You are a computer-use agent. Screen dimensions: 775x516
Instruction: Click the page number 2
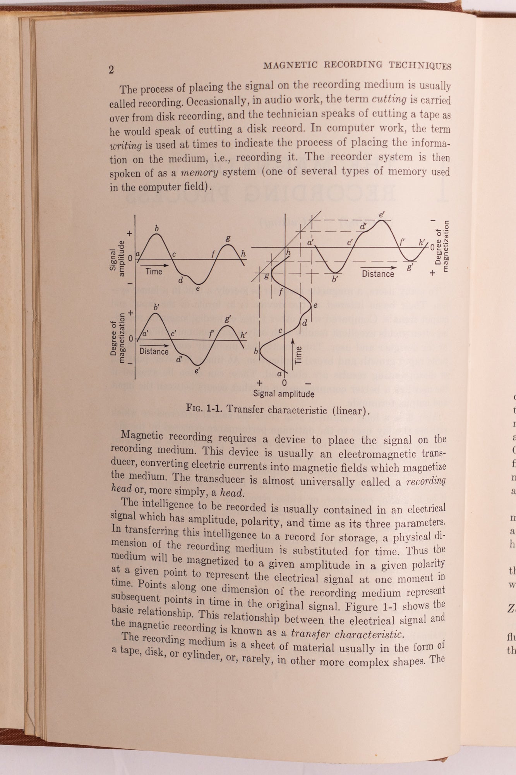111,70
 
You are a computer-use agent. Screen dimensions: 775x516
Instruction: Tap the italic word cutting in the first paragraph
389,100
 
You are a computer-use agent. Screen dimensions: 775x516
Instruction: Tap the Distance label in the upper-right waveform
378,274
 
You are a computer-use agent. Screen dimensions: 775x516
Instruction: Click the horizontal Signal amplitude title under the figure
284,394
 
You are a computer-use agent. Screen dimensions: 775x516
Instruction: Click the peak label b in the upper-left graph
157,229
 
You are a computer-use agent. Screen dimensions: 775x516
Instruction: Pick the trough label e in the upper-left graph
197,288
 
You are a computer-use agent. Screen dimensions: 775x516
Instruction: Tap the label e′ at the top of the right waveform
382,214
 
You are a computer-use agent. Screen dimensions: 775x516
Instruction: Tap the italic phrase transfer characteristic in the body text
347,634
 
